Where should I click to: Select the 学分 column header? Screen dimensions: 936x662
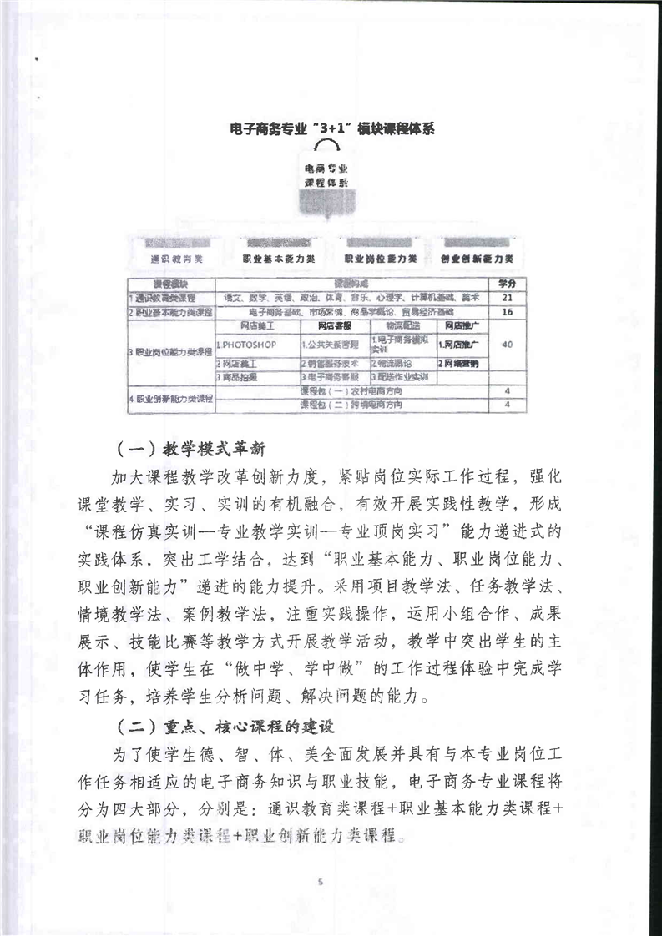(507, 284)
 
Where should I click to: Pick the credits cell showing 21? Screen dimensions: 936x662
(507, 297)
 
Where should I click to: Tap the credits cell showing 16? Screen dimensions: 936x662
(507, 311)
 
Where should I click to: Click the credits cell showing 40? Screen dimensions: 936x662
(507, 344)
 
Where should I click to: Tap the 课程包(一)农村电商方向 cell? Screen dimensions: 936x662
(351, 390)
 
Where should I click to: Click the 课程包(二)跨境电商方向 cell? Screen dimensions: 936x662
(351, 404)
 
